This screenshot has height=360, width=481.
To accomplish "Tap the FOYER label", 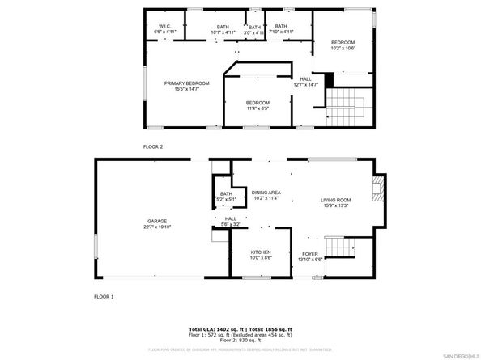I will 310,255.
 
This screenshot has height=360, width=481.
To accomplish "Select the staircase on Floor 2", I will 346,101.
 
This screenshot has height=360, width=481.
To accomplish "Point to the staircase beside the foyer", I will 339,247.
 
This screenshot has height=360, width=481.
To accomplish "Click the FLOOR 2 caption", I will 153,146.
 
